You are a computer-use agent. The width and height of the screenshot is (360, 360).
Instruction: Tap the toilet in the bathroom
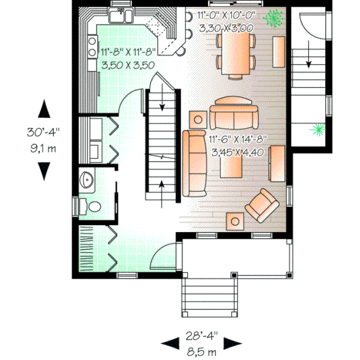[93, 206]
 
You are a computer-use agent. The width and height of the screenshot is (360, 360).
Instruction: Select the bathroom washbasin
[86, 179]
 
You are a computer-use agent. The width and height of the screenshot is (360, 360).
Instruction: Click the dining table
[237, 52]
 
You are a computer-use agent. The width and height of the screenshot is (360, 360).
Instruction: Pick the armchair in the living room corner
[262, 204]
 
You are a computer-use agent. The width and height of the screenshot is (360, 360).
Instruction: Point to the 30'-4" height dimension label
[43, 131]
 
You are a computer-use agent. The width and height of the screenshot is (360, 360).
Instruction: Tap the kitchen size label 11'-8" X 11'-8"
[127, 53]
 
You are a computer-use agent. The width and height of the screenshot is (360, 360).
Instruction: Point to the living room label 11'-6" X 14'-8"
[238, 139]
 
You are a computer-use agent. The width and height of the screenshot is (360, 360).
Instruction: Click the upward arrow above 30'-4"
[44, 110]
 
